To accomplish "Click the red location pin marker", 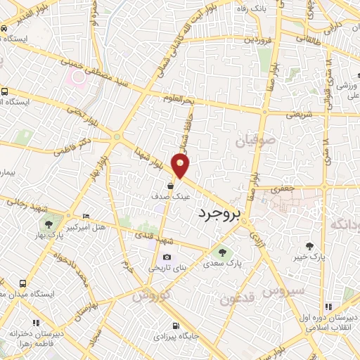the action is pyautogui.click(x=181, y=165).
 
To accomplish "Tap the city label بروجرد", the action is pyautogui.click(x=219, y=212).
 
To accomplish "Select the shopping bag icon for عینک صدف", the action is pyautogui.click(x=171, y=186).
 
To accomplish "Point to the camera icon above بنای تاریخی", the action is pyautogui.click(x=167, y=257).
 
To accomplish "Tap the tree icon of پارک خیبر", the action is pyautogui.click(x=310, y=245).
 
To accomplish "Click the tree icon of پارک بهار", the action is pyautogui.click(x=49, y=226).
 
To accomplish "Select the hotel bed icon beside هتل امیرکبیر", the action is pyautogui.click(x=86, y=216).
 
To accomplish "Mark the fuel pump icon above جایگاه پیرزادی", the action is pyautogui.click(x=175, y=326).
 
